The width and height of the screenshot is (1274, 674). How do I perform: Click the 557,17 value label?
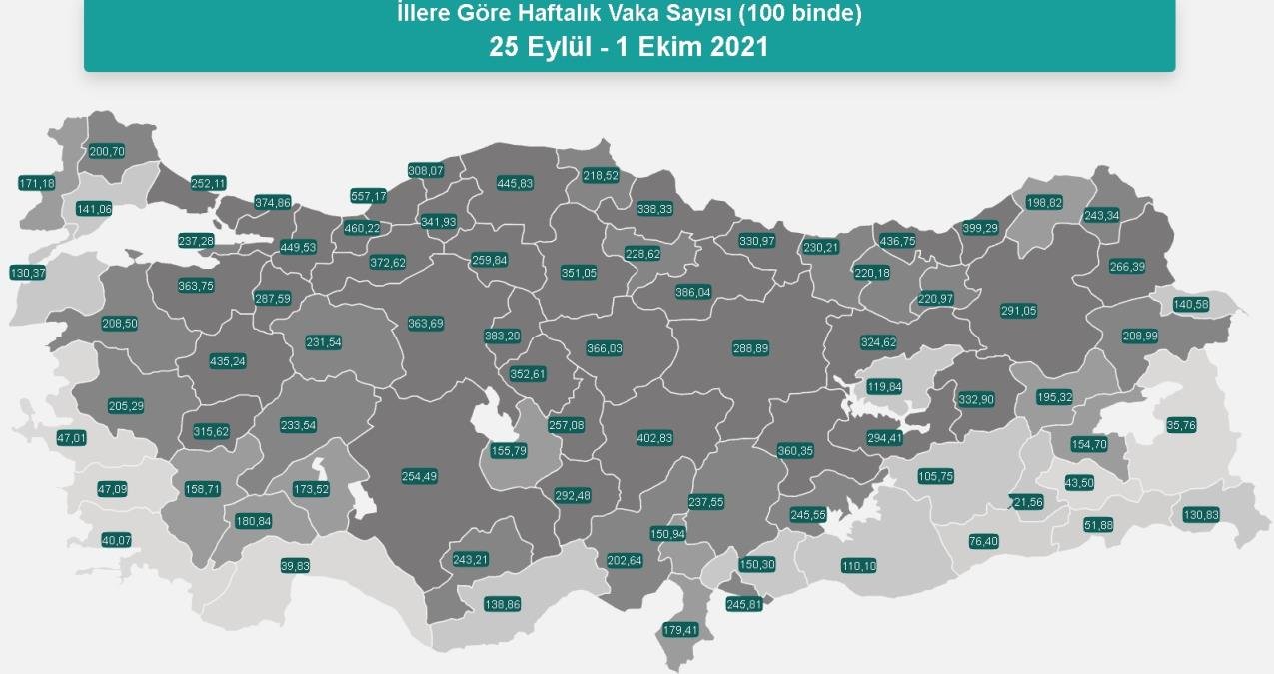(369, 196)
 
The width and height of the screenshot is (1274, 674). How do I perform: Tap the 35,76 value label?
(1181, 425)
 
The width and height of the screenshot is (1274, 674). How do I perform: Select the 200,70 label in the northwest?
(107, 152)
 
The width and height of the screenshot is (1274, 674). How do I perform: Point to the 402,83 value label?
(654, 438)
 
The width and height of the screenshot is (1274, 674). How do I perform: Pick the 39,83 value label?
(295, 565)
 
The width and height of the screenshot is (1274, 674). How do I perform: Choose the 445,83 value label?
(515, 183)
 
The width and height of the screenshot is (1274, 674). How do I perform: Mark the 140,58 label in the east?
(1189, 304)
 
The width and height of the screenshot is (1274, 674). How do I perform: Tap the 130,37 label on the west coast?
(27, 273)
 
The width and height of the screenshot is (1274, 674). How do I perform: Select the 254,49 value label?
(419, 476)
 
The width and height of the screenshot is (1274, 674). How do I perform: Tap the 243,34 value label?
(1101, 216)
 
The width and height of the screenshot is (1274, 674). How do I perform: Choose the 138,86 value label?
(502, 604)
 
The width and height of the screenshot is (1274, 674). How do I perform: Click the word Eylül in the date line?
(554, 47)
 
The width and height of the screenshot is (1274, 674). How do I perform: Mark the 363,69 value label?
(426, 323)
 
